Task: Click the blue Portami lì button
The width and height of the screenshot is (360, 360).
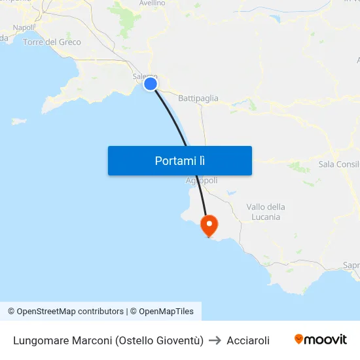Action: (180, 160)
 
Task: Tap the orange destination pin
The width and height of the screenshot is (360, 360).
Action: (209, 226)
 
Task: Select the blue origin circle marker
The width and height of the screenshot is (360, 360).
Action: (151, 83)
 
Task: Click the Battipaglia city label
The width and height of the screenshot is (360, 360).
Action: (198, 98)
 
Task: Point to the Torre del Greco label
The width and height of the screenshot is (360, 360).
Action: (52, 42)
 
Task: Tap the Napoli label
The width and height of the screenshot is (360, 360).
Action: (24, 27)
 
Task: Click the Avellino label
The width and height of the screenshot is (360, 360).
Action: (152, 3)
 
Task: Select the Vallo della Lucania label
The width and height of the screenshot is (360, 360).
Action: (265, 211)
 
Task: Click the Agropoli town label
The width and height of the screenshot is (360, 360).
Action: (202, 180)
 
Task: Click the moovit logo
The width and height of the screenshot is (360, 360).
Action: (321, 340)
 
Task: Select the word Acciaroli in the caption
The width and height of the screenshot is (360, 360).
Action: (248, 340)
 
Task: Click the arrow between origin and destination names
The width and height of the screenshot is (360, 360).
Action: (215, 340)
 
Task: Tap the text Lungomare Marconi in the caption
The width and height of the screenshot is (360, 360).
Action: (63, 340)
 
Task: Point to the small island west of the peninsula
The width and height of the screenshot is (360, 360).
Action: (20, 121)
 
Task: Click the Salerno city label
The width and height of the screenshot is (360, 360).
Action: (143, 77)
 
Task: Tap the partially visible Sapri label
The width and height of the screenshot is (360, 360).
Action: (351, 266)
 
